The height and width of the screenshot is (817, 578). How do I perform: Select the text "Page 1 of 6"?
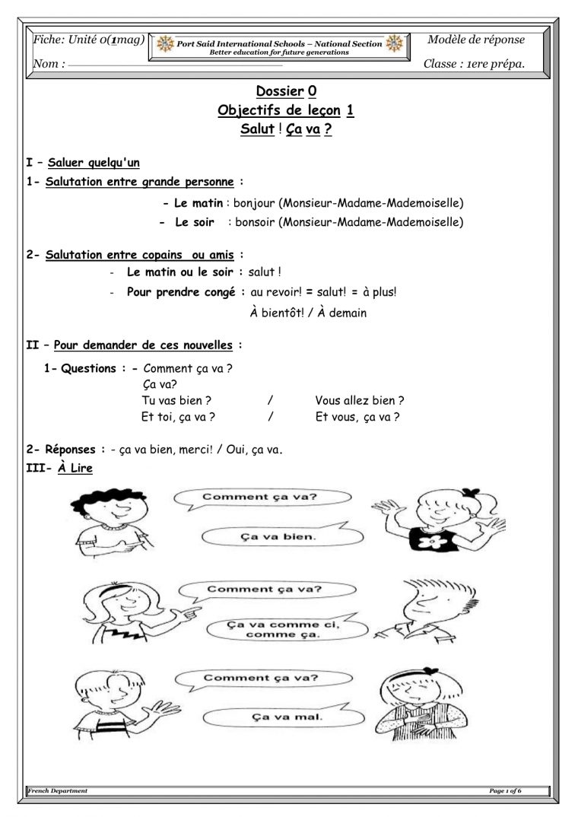pyautogui.click(x=505, y=791)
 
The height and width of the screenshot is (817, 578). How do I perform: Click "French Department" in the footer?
pyautogui.click(x=58, y=791)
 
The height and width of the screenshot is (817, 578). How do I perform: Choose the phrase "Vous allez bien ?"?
pyautogui.click(x=359, y=400)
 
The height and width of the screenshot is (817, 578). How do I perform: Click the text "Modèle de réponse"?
pyautogui.click(x=476, y=40)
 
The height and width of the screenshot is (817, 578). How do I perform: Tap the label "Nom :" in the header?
pyautogui.click(x=49, y=65)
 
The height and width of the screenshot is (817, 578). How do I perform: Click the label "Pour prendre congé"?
pyautogui.click(x=181, y=291)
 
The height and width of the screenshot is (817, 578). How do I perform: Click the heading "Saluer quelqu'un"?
pyautogui.click(x=94, y=162)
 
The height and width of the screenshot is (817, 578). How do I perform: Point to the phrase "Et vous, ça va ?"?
pyautogui.click(x=357, y=417)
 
